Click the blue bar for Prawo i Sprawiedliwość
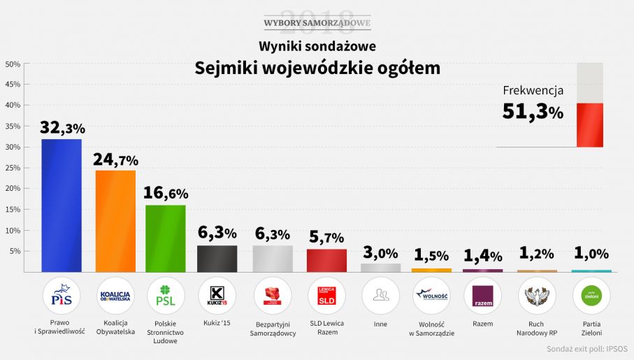coord(62,206)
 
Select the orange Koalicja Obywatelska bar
coord(115,221)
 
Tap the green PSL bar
coord(166,238)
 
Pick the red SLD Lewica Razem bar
coord(326,260)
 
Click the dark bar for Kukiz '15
coord(217,259)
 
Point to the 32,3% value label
coord(62,128)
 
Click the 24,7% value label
coord(116,159)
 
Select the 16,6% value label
coord(166,194)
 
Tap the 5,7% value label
coord(326,238)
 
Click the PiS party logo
coord(62,296)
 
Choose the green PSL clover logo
coord(166,296)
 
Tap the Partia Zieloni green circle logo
coord(591,296)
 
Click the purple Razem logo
coord(483,296)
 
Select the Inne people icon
coord(380,296)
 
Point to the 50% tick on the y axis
coord(12,64)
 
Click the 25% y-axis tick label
coord(12,168)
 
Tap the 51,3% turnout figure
coord(533,112)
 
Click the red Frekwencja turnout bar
coord(590,125)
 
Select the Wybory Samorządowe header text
coord(317,24)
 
